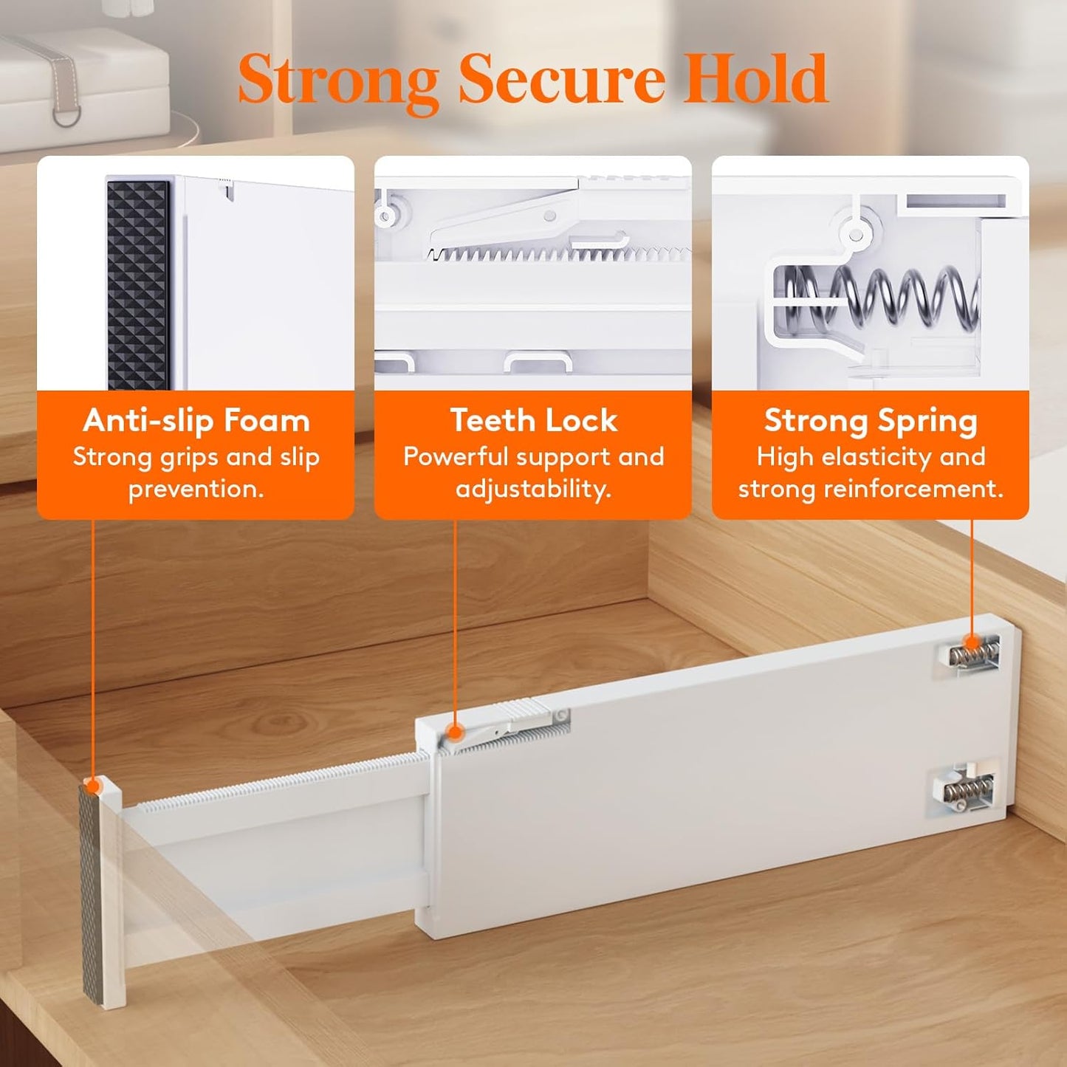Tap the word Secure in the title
tap(561, 79)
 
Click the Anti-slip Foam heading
tap(196, 421)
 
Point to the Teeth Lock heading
tap(533, 420)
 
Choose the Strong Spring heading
tap(871, 422)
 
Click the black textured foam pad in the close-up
tap(137, 284)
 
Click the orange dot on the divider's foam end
tap(93, 785)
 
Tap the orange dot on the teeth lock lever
tap(455, 733)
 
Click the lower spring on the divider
tap(967, 793)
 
